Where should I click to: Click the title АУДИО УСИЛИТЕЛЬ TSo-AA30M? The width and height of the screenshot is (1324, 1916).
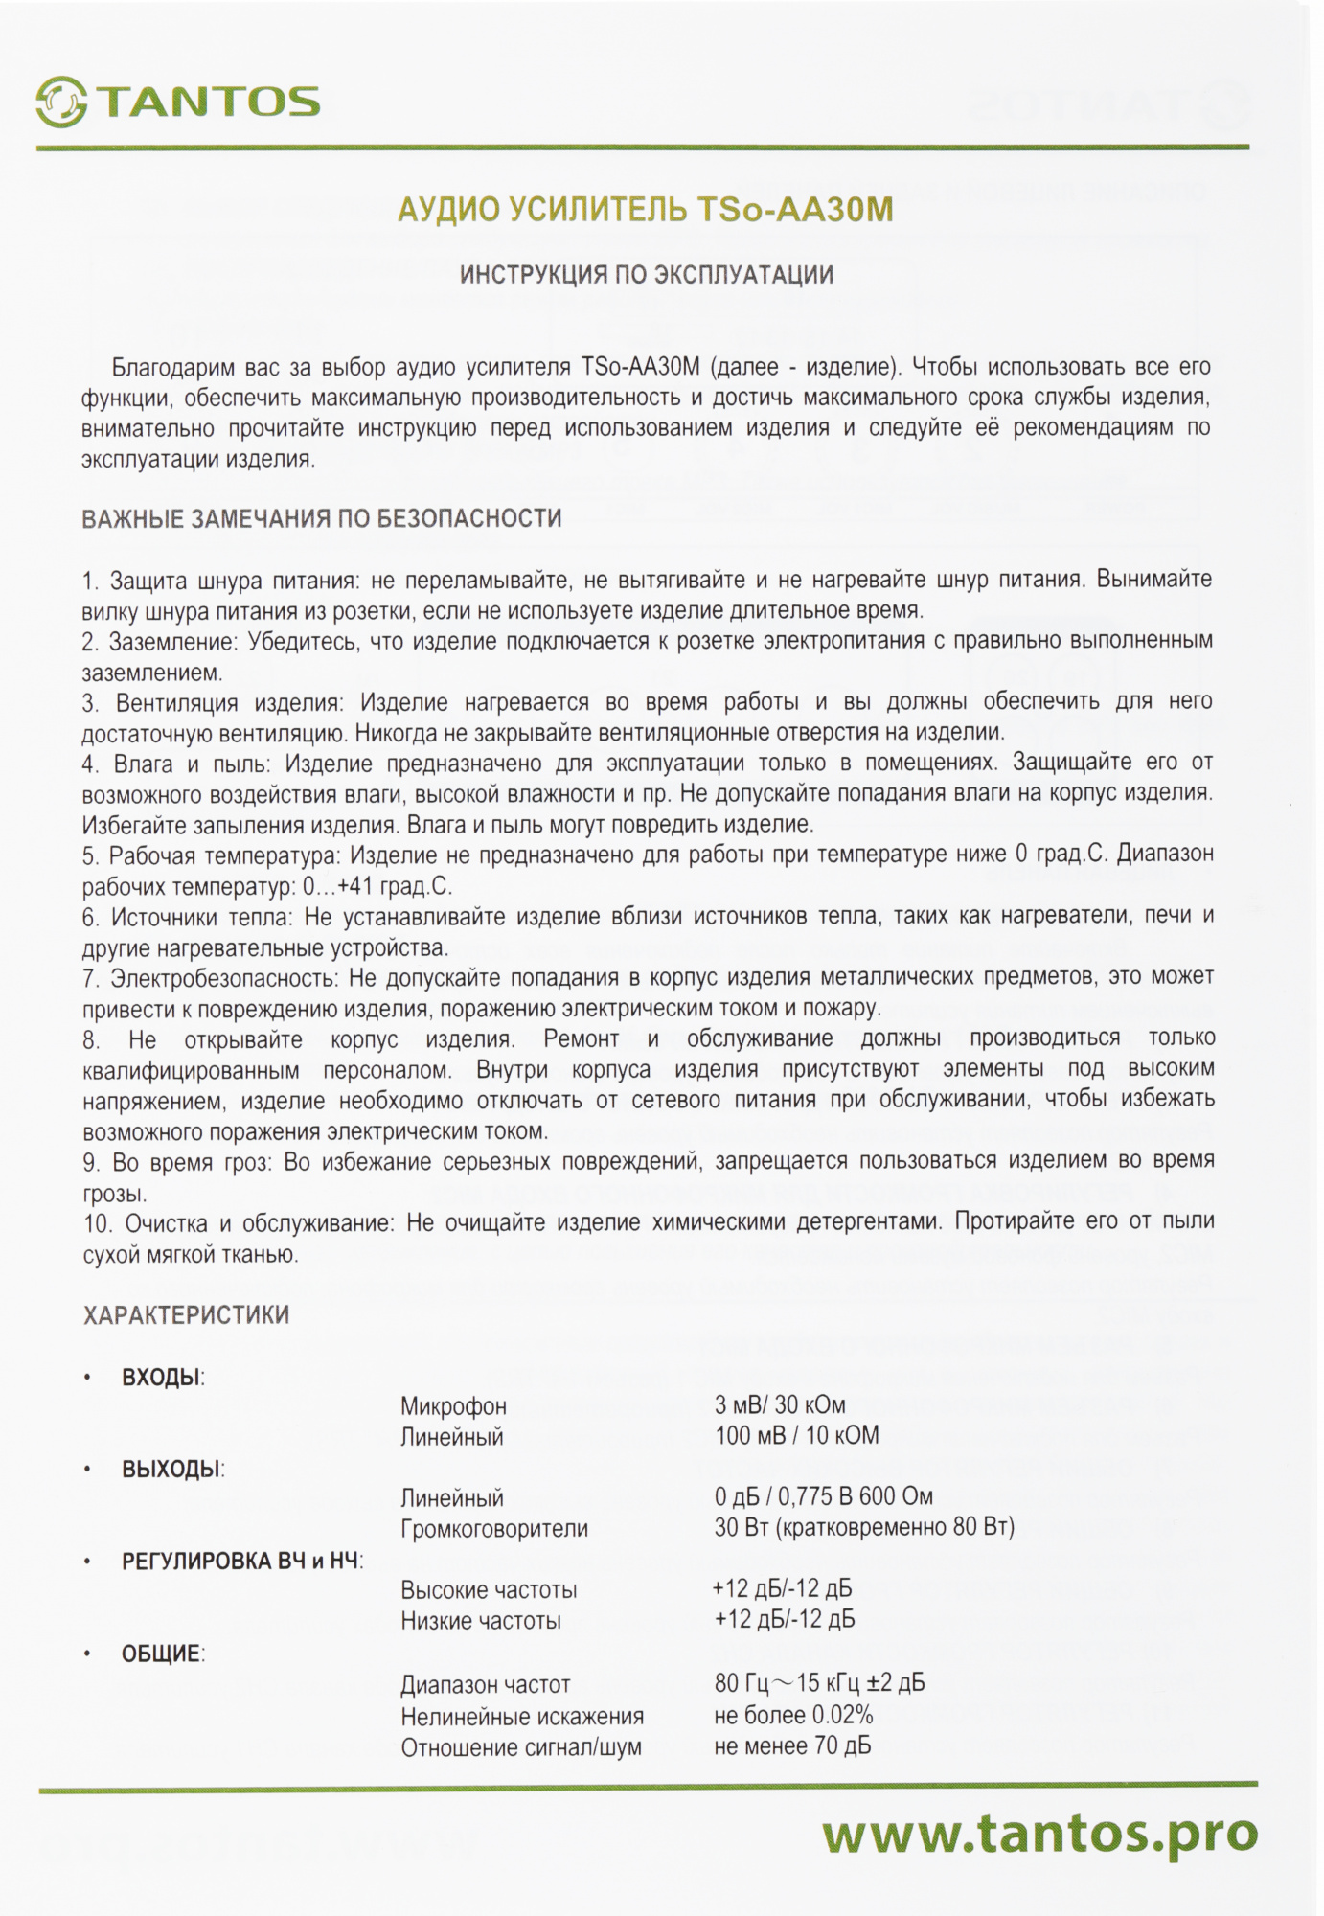pyautogui.click(x=645, y=210)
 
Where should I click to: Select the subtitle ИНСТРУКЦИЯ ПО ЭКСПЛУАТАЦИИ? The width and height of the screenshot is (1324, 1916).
pyautogui.click(x=647, y=276)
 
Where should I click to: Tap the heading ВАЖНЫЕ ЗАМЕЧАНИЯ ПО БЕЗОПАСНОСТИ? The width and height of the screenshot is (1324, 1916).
pyautogui.click(x=322, y=519)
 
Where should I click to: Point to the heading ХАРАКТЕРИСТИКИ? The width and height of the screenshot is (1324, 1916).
pyautogui.click(x=186, y=1315)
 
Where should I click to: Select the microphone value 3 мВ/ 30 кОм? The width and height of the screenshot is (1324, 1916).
pyautogui.click(x=780, y=1405)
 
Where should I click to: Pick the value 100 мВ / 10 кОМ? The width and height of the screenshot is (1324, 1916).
pyautogui.click(x=796, y=1435)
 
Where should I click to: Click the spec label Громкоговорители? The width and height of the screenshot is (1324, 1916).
pyautogui.click(x=494, y=1528)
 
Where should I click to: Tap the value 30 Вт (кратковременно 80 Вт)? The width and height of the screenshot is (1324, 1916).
pyautogui.click(x=864, y=1526)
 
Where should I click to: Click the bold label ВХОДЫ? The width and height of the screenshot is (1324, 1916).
pyautogui.click(x=162, y=1378)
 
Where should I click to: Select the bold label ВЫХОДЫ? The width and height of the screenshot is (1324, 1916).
pyautogui.click(x=171, y=1469)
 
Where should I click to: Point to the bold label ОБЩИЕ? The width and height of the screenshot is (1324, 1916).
pyautogui.click(x=162, y=1654)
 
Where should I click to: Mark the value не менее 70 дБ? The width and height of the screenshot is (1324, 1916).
pyautogui.click(x=792, y=1745)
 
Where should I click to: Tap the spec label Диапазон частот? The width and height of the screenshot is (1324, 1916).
pyautogui.click(x=486, y=1684)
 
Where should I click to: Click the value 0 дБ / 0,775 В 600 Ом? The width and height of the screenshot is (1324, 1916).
pyautogui.click(x=823, y=1496)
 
